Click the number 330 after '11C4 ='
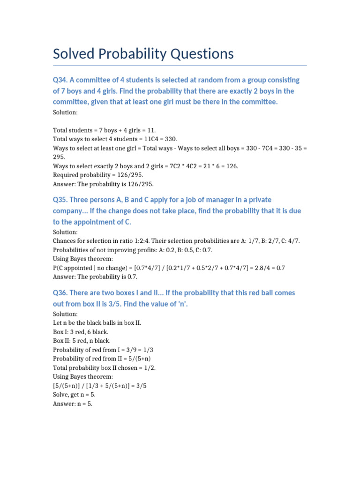point(170,139)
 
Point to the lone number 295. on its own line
point(59,157)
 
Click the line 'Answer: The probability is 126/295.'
point(103,184)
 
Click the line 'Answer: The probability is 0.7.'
point(94,277)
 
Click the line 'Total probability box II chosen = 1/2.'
point(104,367)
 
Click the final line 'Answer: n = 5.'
point(73,403)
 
